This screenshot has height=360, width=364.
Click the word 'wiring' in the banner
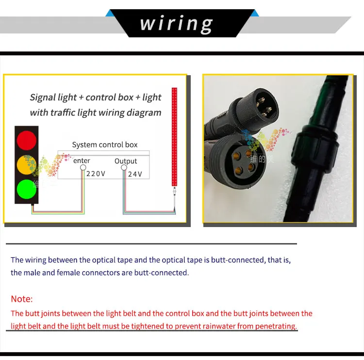(177, 23)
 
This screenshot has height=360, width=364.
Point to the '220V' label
(96, 174)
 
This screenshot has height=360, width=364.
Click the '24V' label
(135, 174)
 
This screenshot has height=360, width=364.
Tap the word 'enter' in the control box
(82, 161)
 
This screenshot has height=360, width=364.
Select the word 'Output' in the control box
(126, 161)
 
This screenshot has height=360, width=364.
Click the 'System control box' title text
(105, 145)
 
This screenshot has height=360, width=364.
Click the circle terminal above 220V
(83, 168)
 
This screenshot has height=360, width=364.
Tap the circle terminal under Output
(124, 168)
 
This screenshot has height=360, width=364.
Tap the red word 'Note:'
(22, 299)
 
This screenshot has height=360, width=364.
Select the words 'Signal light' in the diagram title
(53, 97)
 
